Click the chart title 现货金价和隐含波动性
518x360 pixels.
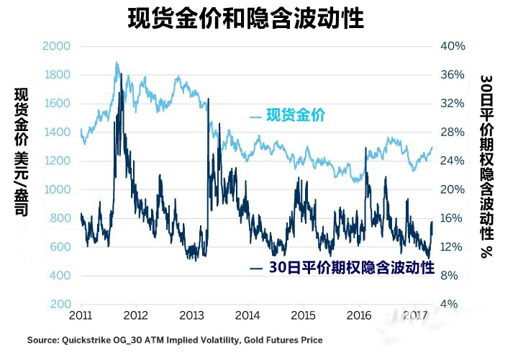point(246,18)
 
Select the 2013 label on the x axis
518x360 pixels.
point(191,317)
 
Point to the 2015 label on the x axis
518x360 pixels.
point(303,317)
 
